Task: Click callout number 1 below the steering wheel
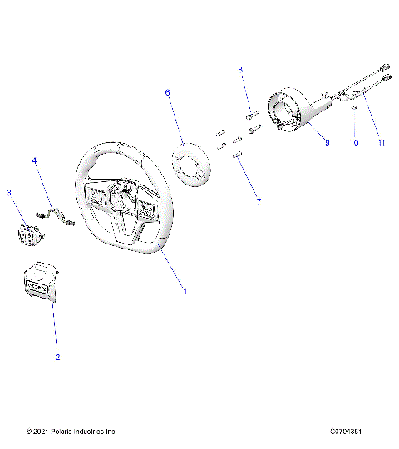click(185, 292)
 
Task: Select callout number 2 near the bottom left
click(57, 357)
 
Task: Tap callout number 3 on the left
click(9, 193)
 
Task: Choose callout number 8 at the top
click(241, 70)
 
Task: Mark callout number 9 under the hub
click(327, 143)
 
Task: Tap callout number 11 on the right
click(382, 143)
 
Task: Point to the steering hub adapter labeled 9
click(291, 113)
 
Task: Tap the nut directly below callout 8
click(250, 112)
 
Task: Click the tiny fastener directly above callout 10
click(353, 107)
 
